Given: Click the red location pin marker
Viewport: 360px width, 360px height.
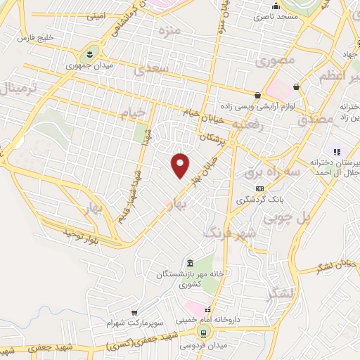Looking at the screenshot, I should [x=181, y=165].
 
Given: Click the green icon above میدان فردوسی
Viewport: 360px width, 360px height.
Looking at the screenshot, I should [x=203, y=333].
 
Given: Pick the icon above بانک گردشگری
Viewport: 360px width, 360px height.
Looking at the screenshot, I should [x=259, y=188].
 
